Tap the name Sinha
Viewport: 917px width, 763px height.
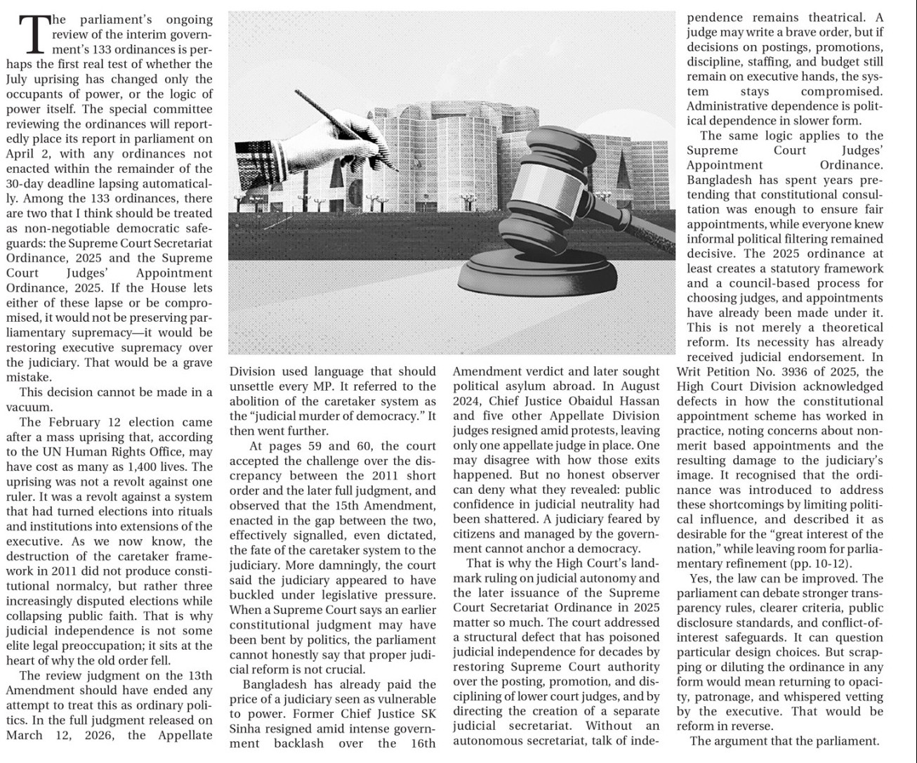pos(246,729)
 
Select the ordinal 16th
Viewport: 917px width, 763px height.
pos(421,743)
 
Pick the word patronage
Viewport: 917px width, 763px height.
pos(719,696)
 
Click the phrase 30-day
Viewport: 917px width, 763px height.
pos(27,183)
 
